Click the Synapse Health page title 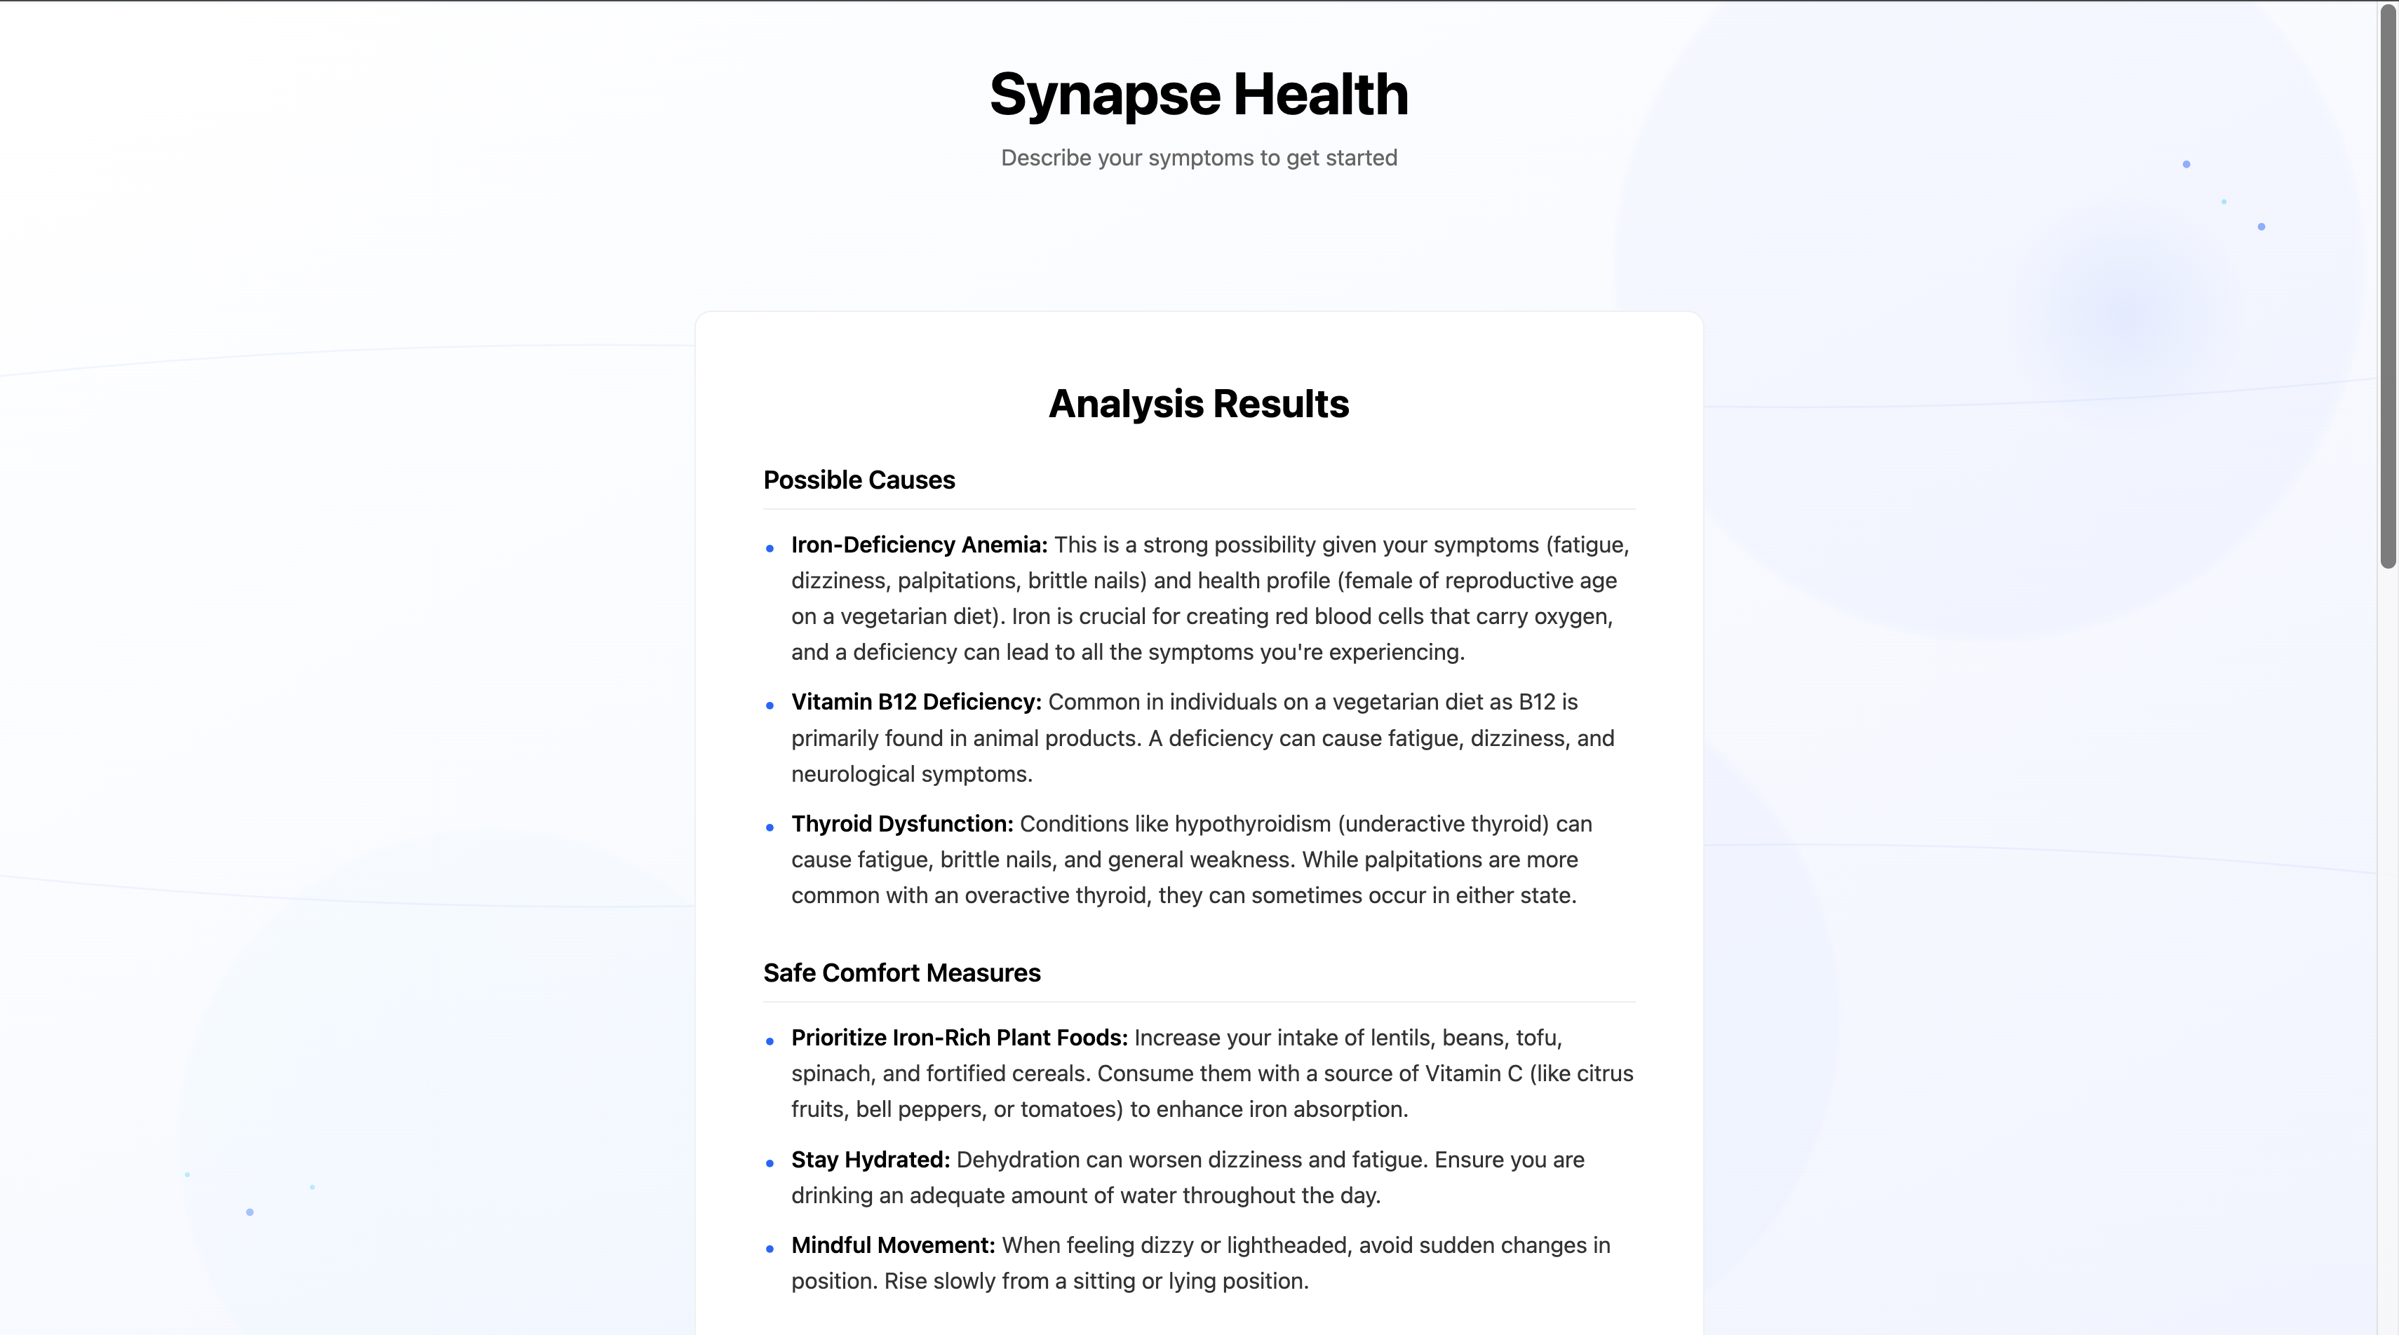1199,94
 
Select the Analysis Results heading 1199,404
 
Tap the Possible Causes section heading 859,480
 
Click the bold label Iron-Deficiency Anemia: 919,545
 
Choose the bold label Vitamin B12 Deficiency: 915,702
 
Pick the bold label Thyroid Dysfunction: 901,824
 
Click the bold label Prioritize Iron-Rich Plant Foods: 959,1038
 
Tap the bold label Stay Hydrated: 870,1160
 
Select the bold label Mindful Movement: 893,1246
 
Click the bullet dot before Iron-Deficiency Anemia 770,548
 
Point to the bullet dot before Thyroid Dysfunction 770,827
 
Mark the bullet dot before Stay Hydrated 770,1163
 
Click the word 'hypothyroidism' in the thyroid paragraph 1253,824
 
